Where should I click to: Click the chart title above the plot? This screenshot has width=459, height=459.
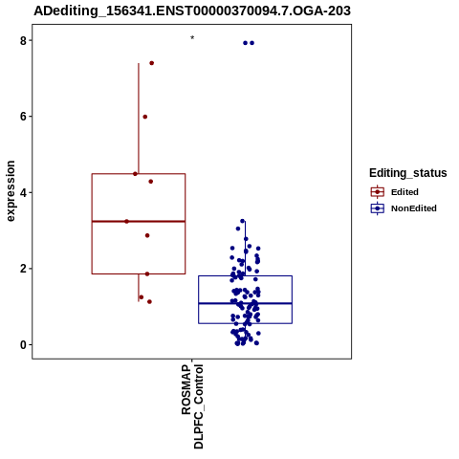click(x=192, y=11)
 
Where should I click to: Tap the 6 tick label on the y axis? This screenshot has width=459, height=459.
click(x=23, y=117)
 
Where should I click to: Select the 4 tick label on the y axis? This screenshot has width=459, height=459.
click(x=23, y=192)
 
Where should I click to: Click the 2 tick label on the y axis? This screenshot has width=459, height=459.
click(x=23, y=269)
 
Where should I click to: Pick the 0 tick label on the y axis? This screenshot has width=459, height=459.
click(x=23, y=344)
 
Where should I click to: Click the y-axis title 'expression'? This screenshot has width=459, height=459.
click(x=11, y=191)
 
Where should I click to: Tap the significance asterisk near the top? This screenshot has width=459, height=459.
click(x=192, y=38)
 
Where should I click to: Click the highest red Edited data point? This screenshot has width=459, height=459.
click(x=152, y=63)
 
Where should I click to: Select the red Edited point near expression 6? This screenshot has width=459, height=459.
click(x=145, y=117)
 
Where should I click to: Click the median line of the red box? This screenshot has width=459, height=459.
click(x=139, y=221)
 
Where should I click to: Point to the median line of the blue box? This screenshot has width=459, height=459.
click(x=245, y=303)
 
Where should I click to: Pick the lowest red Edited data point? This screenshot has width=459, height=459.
click(x=149, y=301)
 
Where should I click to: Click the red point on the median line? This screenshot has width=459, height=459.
click(x=126, y=221)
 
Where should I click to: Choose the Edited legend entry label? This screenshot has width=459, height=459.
click(x=404, y=192)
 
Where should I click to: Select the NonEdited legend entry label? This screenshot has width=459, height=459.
click(x=414, y=208)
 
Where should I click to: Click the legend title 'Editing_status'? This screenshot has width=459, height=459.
click(x=408, y=173)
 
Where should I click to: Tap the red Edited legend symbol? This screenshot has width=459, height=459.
click(x=378, y=192)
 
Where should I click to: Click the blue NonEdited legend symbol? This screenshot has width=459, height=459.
click(x=378, y=208)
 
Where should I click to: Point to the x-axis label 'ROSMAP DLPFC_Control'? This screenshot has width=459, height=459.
click(x=192, y=406)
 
